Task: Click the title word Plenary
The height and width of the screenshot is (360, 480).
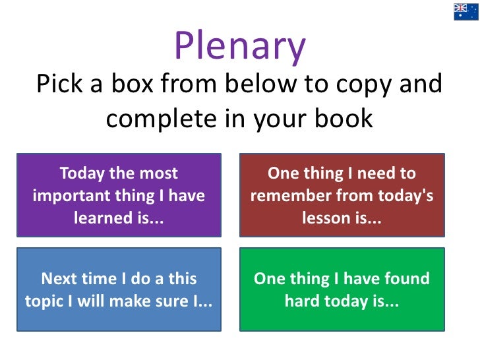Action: (240, 46)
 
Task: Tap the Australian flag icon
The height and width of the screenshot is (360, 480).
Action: (465, 12)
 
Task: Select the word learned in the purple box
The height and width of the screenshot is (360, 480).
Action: (105, 218)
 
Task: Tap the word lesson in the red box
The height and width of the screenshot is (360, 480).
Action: (326, 218)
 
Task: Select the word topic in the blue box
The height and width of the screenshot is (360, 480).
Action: (46, 301)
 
